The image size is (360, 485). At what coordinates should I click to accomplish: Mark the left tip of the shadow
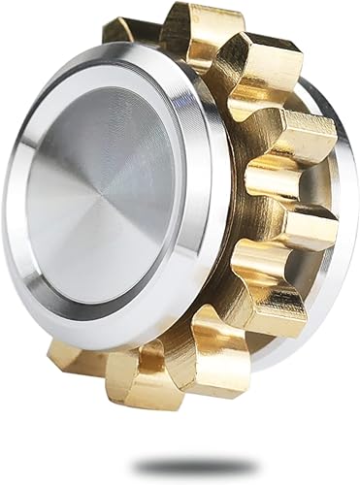coord(136,467)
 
